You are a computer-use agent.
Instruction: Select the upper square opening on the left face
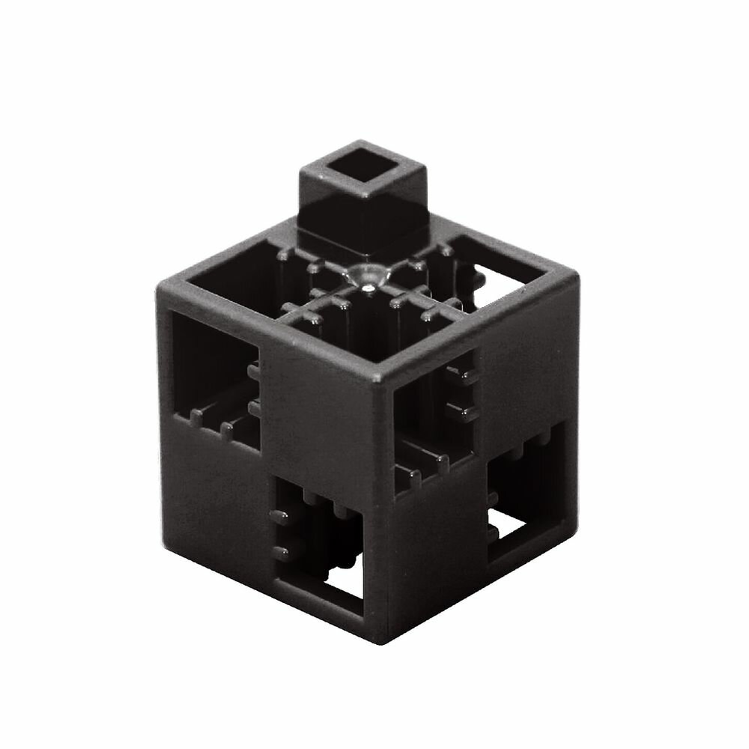(213, 367)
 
